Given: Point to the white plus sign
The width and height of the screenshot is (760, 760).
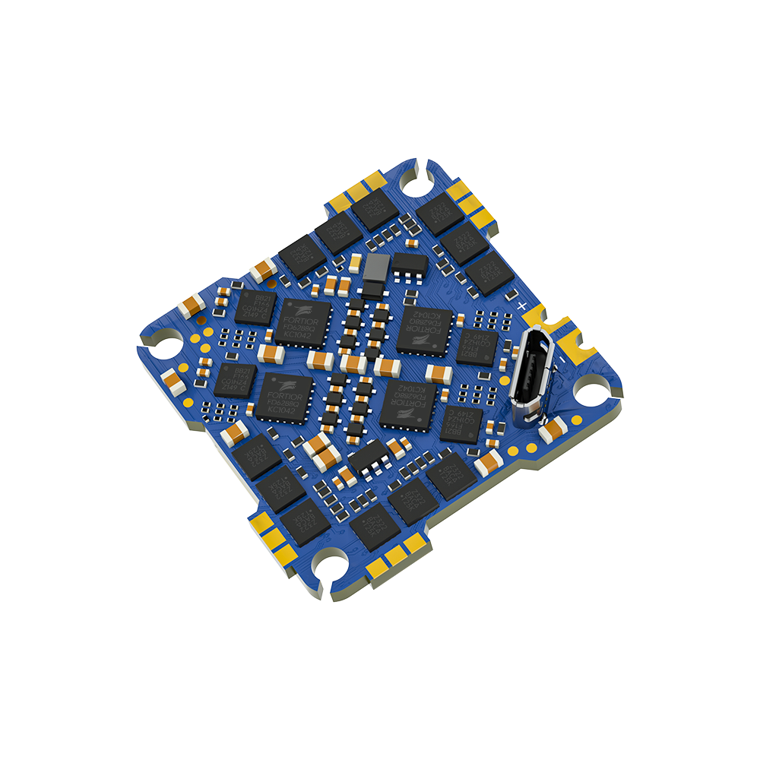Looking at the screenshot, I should point(522,305).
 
